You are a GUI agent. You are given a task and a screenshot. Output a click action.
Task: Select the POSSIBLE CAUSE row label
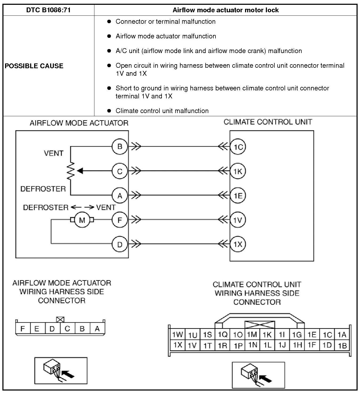point(34,66)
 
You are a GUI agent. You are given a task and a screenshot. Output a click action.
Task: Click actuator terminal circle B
point(120,146)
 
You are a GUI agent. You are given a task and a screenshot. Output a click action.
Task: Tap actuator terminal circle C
point(120,171)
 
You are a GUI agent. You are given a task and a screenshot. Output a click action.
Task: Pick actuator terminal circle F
point(120,220)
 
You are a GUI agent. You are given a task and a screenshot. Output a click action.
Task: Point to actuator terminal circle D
point(120,244)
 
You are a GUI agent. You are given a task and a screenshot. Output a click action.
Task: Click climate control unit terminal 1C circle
point(238,147)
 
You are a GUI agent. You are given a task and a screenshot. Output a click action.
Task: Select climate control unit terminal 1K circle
point(238,171)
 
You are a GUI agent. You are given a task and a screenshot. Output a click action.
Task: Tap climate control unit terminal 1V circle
point(238,220)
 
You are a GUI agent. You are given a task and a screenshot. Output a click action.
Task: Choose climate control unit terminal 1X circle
point(238,244)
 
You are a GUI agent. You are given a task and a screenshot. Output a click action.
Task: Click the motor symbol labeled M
point(82,220)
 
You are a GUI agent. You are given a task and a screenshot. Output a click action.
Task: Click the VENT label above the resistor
point(54,153)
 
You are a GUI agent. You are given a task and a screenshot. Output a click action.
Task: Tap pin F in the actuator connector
point(23,328)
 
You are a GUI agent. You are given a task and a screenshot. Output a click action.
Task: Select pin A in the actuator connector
point(97,328)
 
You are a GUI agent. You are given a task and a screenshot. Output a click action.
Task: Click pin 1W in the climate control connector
point(178,334)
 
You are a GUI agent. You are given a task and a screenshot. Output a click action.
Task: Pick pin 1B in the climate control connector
point(342,345)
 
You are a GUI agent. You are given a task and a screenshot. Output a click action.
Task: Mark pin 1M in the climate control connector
point(252,334)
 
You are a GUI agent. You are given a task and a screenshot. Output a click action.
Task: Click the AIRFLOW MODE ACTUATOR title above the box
point(79,123)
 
